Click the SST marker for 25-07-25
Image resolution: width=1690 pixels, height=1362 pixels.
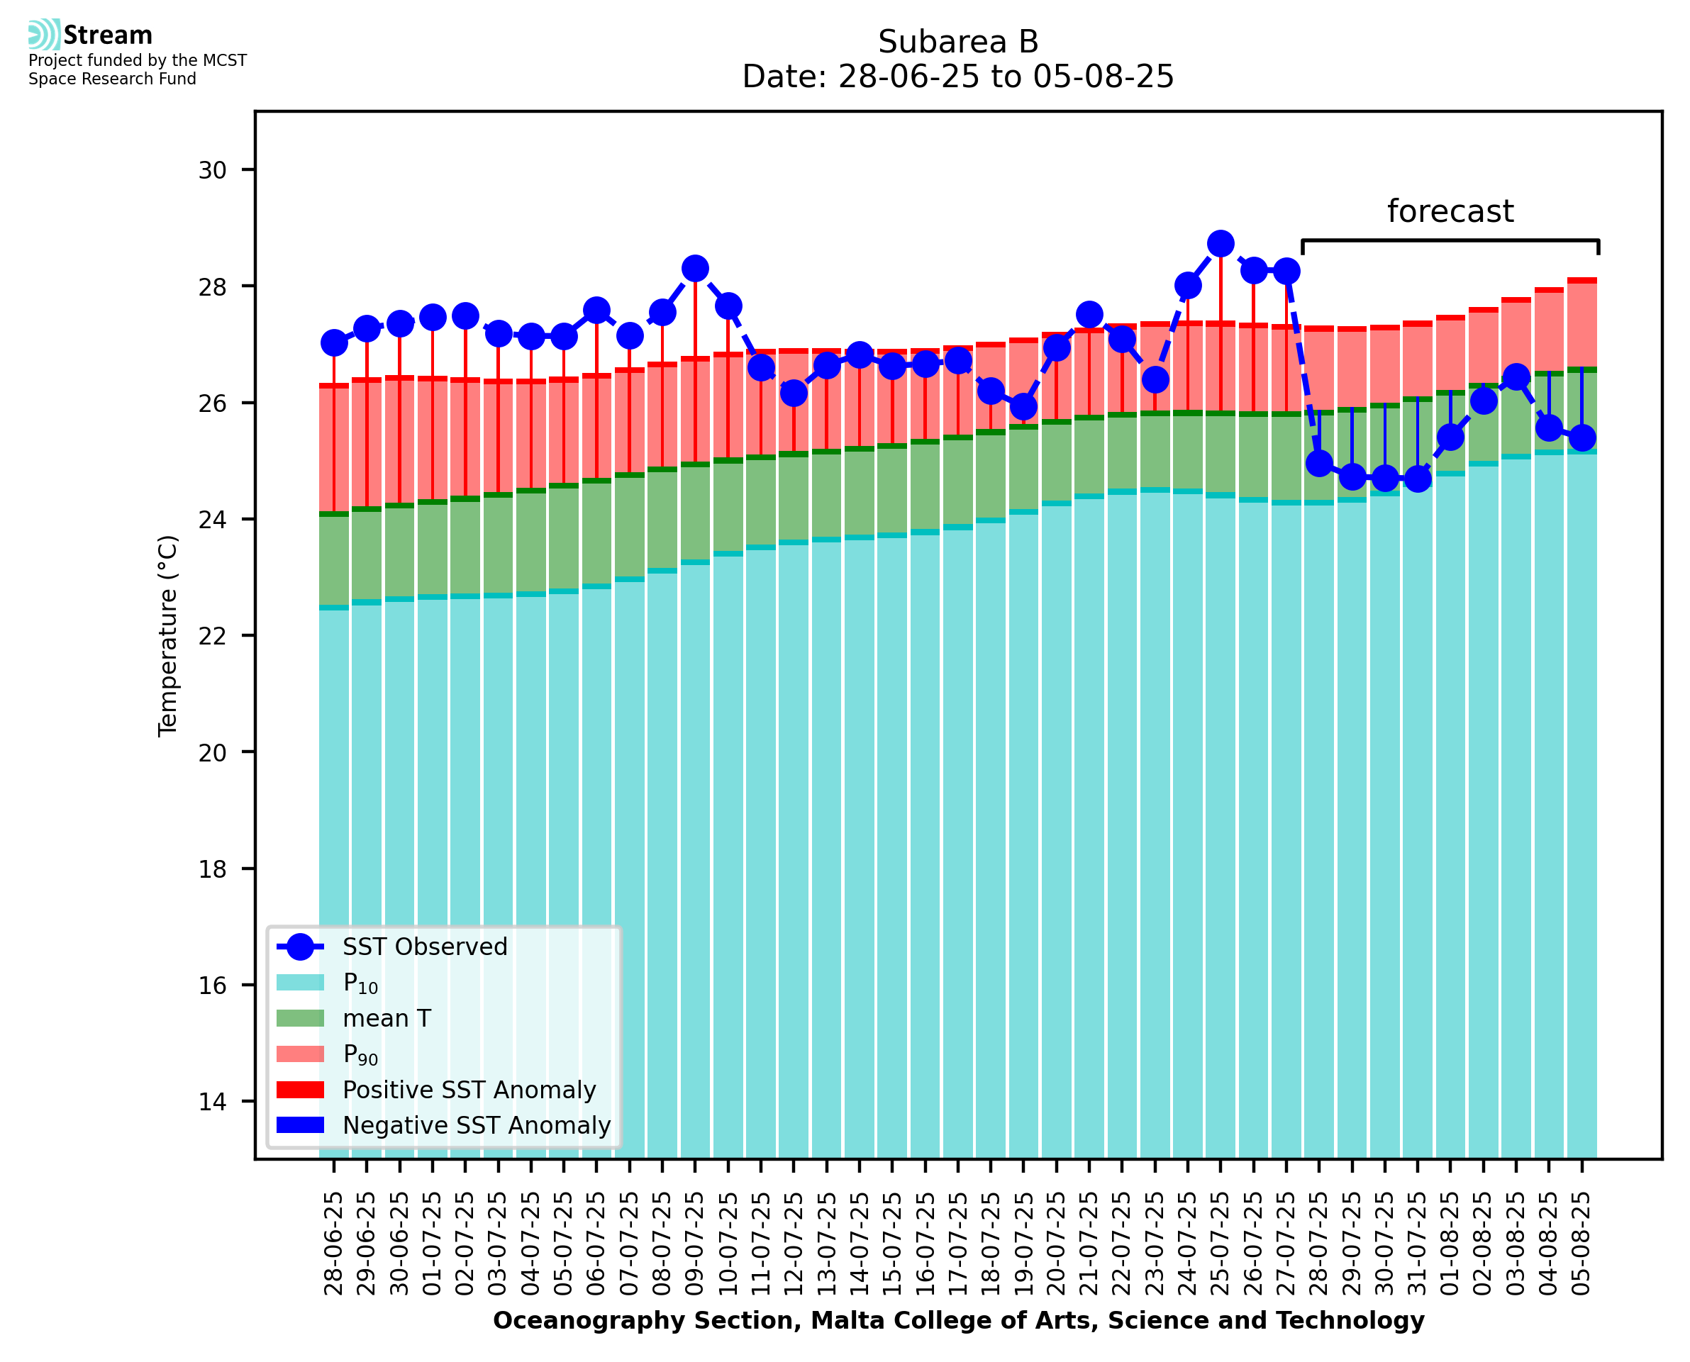point(1220,244)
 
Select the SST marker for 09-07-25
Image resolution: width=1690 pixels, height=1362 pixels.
point(694,268)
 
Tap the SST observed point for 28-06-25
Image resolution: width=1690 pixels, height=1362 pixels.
point(334,343)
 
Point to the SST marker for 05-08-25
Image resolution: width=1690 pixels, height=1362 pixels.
point(1581,437)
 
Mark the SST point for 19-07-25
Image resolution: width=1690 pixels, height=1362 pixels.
point(1023,406)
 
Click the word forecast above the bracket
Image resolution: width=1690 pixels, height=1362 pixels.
point(1450,212)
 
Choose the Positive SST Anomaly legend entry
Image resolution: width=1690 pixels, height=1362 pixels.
point(468,1090)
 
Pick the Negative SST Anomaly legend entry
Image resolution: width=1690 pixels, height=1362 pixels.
point(475,1125)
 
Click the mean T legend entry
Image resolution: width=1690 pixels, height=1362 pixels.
point(387,1018)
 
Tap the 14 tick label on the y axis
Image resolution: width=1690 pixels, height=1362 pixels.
point(212,1103)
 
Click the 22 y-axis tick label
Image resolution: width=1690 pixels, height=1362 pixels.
point(212,636)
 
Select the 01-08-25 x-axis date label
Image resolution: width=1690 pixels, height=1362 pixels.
point(1450,1243)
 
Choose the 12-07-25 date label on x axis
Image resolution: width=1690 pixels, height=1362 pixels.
point(793,1243)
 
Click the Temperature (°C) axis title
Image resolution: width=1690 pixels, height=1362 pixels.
point(168,636)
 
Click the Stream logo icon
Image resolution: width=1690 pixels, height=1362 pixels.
point(44,35)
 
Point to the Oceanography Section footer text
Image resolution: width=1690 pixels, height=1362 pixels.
point(958,1320)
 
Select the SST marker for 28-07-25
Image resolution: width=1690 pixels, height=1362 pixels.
point(1319,464)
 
